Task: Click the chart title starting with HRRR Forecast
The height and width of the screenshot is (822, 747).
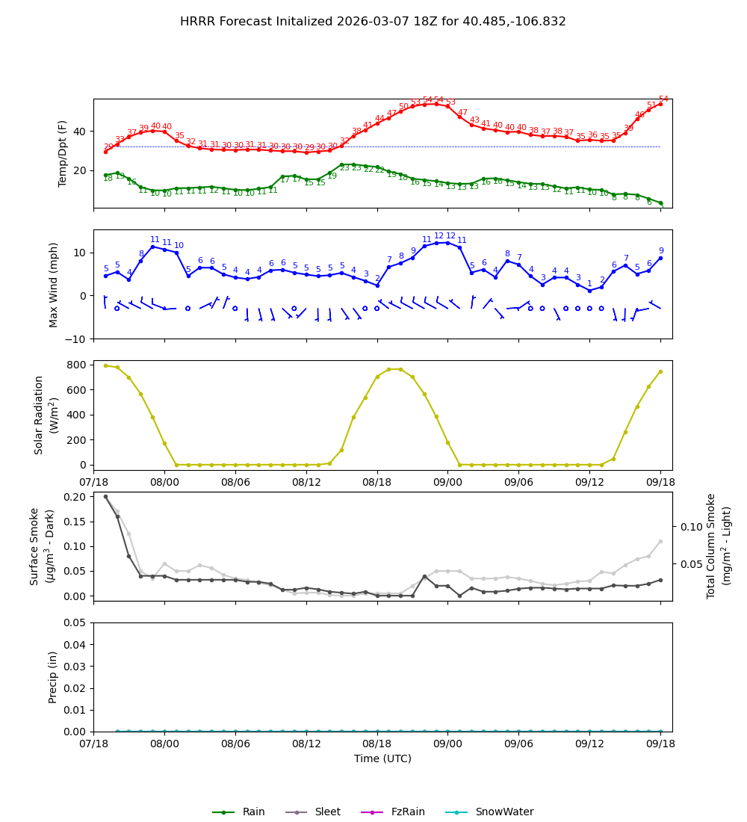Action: [x=373, y=22]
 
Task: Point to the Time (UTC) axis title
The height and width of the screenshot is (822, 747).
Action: [x=382, y=758]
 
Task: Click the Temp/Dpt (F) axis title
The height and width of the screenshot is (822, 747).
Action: [x=63, y=153]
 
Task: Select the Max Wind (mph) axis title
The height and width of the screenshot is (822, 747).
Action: [x=54, y=284]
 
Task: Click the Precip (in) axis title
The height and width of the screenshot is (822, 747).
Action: [x=54, y=677]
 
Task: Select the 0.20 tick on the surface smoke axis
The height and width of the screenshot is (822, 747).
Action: [x=73, y=496]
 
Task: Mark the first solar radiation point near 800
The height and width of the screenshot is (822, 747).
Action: [x=105, y=365]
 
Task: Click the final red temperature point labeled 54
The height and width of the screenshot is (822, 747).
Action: [x=660, y=104]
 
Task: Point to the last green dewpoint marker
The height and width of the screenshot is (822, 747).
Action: [x=660, y=203]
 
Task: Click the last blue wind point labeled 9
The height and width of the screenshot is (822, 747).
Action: [x=660, y=258]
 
